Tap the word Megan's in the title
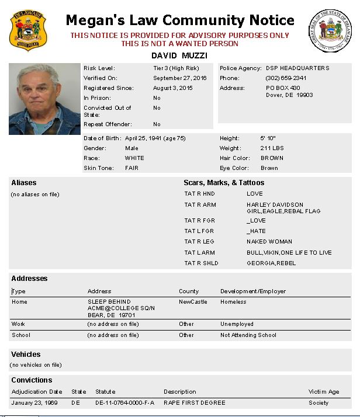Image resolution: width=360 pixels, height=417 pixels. [91, 20]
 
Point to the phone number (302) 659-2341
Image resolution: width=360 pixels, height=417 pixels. [286, 78]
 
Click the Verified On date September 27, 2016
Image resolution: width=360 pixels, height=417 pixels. [179, 78]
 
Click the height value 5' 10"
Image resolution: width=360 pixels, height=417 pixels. [266, 138]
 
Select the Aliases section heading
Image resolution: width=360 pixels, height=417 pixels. [24, 183]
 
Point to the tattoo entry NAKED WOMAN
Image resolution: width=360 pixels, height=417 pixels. [269, 242]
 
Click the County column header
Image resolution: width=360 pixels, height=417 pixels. [189, 291]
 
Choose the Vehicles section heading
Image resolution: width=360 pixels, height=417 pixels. [26, 355]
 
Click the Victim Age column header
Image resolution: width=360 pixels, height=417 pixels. [324, 392]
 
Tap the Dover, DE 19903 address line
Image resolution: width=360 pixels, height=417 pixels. [289, 95]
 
